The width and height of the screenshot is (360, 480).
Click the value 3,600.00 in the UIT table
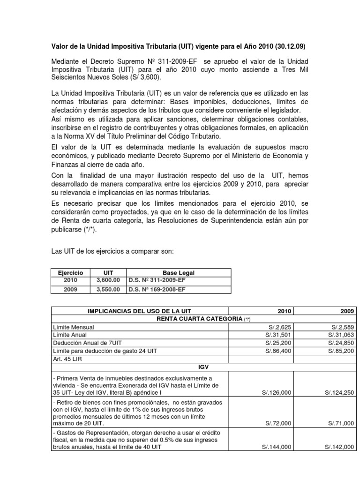click(108, 280)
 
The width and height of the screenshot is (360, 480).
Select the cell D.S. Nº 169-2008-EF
click(157, 289)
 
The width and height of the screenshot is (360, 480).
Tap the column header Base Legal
click(179, 272)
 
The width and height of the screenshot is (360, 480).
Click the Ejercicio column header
click(70, 272)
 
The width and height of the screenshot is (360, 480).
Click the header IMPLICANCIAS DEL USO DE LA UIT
click(140, 311)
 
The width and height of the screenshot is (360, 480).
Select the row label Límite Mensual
click(74, 327)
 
